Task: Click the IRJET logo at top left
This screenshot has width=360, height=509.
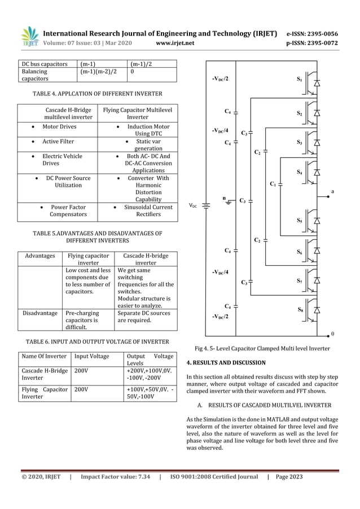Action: [x=30, y=36]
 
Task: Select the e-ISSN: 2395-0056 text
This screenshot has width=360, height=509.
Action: [x=320, y=33]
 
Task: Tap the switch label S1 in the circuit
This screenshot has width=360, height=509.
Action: [x=299, y=80]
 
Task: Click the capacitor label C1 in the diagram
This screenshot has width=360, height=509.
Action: [x=274, y=184]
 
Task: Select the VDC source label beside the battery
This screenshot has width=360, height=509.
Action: [x=193, y=207]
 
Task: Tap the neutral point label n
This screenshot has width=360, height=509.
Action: [x=224, y=198]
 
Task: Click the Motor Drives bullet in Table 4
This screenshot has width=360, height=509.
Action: [x=59, y=127]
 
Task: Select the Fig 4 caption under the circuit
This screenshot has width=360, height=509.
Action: [x=262, y=349]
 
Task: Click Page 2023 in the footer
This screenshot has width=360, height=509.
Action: [x=289, y=477]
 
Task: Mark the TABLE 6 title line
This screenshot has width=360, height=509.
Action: [x=97, y=341]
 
